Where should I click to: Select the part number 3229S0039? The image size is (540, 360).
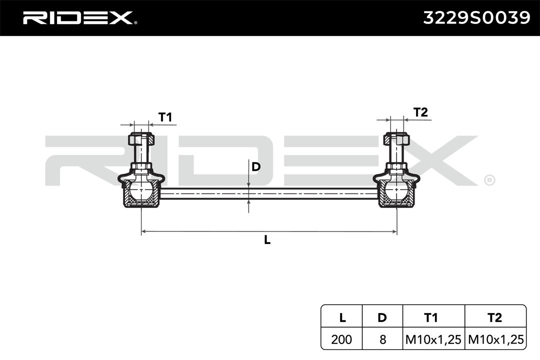point(476,17)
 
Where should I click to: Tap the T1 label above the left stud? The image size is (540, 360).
point(165,117)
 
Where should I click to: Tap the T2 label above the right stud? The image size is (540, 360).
point(420,112)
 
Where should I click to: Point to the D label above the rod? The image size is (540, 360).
point(256,166)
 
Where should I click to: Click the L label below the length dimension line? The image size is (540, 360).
point(267,240)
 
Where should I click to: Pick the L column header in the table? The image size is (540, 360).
point(342,317)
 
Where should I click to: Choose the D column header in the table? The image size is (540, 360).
point(382,317)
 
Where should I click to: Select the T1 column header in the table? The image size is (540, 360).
point(431,317)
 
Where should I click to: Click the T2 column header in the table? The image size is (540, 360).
point(495,317)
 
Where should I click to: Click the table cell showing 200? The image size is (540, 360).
point(341,339)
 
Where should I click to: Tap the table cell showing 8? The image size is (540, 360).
point(382,339)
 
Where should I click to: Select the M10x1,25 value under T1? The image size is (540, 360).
point(433,339)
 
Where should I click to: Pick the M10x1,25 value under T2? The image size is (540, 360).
point(496,339)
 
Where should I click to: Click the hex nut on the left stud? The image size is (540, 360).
point(141,139)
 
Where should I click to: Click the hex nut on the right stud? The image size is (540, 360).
point(396,139)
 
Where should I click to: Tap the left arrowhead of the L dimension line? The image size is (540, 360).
point(142,231)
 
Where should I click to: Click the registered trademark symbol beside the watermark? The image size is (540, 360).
point(489,180)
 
